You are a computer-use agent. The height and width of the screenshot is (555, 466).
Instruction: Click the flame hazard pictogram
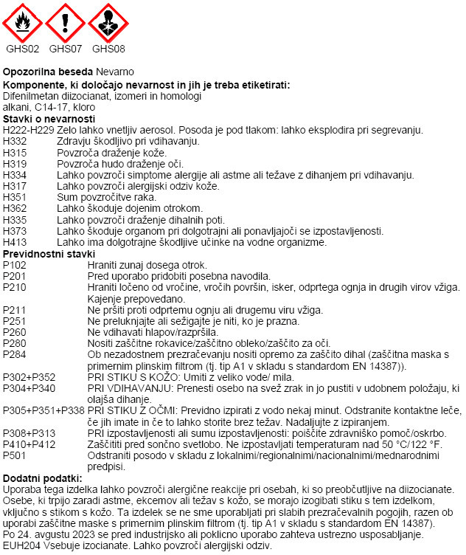click(23, 23)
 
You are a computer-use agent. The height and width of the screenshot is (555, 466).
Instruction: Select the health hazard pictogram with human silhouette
click(108, 23)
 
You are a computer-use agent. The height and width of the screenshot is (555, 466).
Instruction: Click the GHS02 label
click(23, 49)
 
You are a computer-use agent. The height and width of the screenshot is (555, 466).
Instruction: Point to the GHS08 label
click(108, 49)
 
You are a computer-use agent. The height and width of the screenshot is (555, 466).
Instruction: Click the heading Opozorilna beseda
click(48, 72)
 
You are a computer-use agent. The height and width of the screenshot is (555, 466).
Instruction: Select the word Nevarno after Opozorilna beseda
click(114, 72)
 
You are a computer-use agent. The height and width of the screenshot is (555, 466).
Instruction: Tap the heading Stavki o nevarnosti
click(49, 119)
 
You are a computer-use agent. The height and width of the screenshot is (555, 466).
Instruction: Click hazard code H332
click(15, 141)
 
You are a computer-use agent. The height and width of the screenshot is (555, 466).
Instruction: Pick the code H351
click(15, 197)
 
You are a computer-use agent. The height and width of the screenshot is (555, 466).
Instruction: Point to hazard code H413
click(15, 242)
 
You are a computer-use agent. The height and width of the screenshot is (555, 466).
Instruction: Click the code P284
click(15, 354)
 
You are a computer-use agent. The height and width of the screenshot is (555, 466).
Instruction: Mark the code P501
click(15, 455)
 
